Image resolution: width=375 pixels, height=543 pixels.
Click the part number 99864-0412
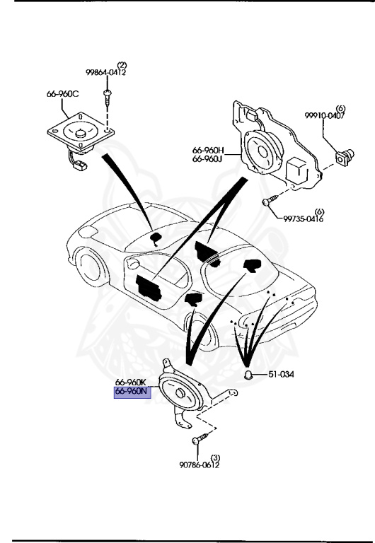coord(106,72)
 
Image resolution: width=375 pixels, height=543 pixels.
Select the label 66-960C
coord(62,94)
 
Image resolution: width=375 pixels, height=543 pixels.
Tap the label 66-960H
coord(207,150)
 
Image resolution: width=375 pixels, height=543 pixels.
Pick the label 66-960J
coord(207,159)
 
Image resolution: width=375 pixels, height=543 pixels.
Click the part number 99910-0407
coord(325,116)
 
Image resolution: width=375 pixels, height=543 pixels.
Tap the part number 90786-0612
coord(195,465)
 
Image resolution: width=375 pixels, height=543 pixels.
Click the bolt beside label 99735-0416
coord(267,203)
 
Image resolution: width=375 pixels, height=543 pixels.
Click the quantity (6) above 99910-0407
coord(330,108)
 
